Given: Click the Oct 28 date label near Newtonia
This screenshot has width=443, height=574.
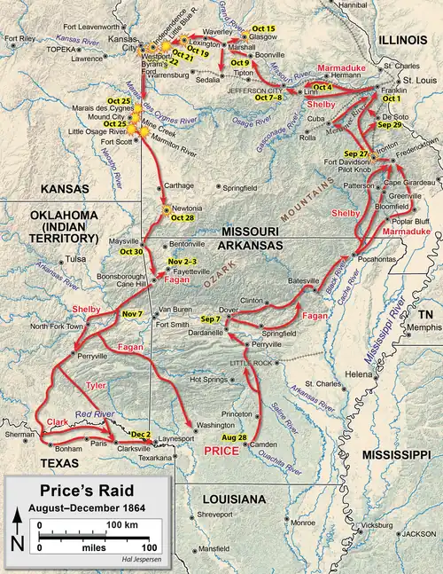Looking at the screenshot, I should coord(182,218).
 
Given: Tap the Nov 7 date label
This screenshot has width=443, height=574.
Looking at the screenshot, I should coord(131,315).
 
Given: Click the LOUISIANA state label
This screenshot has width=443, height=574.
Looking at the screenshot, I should coord(236,499).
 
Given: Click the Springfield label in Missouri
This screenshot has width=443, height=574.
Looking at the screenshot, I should coord(244,188).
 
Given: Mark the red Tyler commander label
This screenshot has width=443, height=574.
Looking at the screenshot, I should coord(96,386).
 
